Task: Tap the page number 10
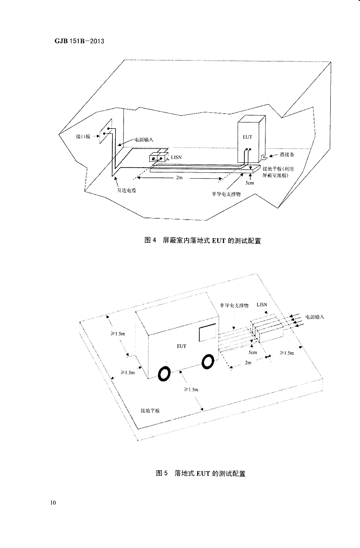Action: point(53,503)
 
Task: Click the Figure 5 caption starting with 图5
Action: point(201,473)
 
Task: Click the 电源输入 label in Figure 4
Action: point(144,139)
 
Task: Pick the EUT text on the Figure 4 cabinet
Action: point(247,137)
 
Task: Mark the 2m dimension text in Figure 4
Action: point(179,178)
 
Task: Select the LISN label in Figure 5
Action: point(262,304)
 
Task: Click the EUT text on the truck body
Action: point(181,345)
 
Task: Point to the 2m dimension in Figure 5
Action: point(248,363)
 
